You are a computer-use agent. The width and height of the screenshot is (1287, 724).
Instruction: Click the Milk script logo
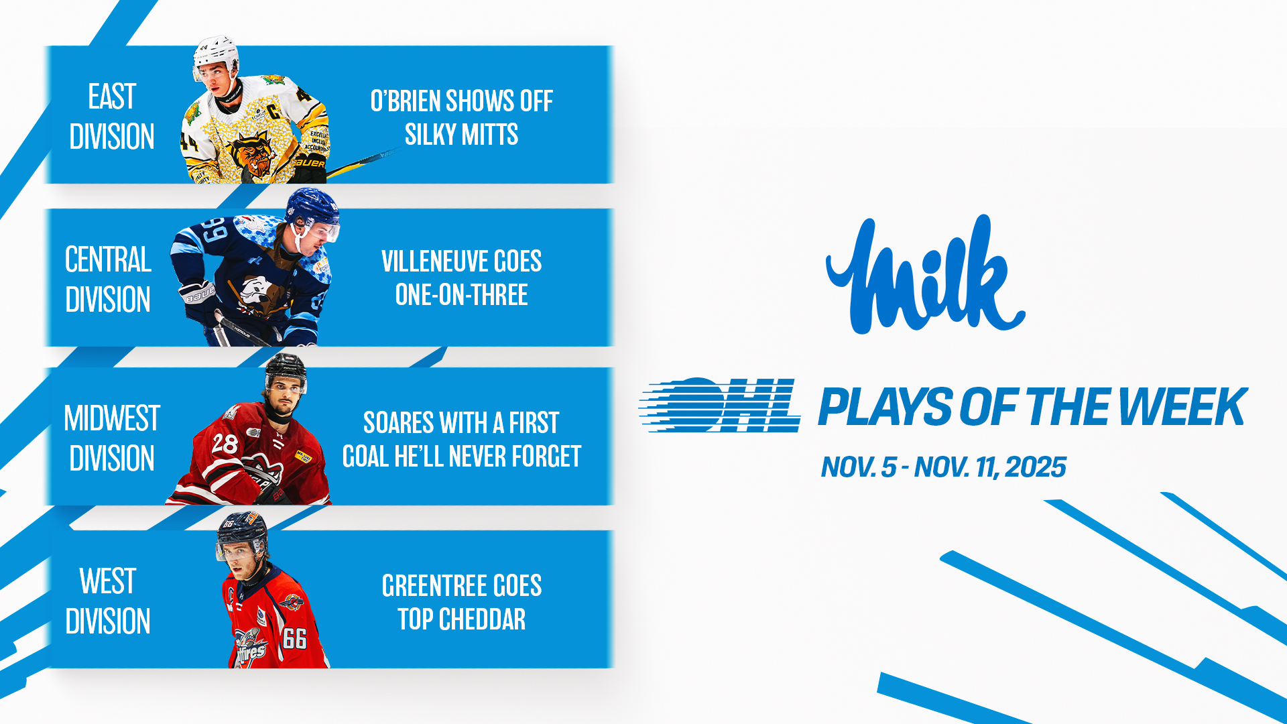click(x=925, y=275)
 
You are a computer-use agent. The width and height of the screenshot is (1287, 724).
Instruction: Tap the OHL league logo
click(x=719, y=405)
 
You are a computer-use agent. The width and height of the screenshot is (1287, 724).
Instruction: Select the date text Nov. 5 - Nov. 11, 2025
click(x=944, y=467)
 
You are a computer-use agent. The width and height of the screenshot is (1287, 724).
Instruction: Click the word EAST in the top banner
click(x=112, y=97)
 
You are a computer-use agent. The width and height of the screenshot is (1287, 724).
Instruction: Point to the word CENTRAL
click(x=108, y=259)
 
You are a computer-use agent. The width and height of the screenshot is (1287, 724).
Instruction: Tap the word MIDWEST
click(x=112, y=418)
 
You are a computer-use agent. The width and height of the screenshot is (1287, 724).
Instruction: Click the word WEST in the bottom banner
click(x=108, y=581)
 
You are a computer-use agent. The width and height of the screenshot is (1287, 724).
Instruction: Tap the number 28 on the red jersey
click(x=224, y=443)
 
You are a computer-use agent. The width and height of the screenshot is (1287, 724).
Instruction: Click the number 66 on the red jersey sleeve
click(x=295, y=638)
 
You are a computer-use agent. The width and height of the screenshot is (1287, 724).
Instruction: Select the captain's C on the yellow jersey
click(x=275, y=111)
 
